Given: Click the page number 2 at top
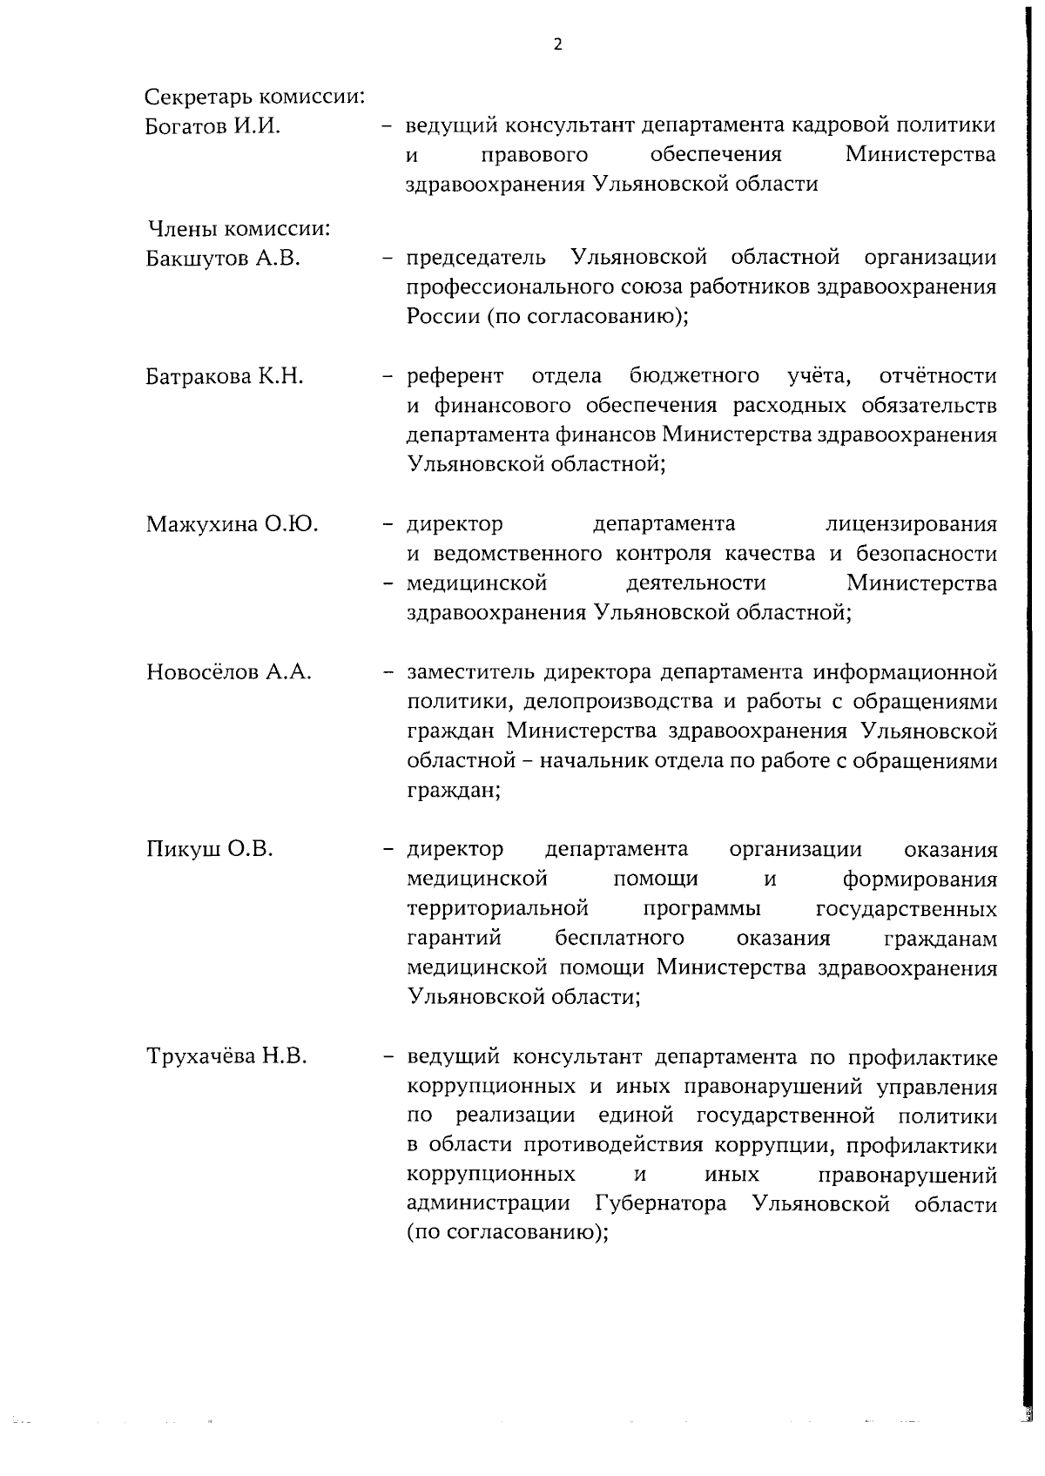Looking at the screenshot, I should [x=557, y=45].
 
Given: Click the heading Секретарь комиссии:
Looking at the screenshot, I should [x=254, y=96].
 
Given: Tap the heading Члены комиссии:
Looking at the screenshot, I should [x=238, y=229].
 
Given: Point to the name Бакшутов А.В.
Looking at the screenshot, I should [x=223, y=259].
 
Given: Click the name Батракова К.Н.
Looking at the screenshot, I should [x=225, y=376].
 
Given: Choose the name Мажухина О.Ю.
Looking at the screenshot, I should [x=232, y=524].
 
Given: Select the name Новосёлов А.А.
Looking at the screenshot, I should [x=229, y=672].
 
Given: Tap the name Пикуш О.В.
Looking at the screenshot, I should [x=210, y=849].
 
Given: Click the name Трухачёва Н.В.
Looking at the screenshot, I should [x=226, y=1057].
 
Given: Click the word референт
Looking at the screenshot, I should [x=455, y=376].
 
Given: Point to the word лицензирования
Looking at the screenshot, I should [x=910, y=524].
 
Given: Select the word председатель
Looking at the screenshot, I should [x=476, y=259].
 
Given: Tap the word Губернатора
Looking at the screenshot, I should [x=662, y=1205].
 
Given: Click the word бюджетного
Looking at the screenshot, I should [x=694, y=376].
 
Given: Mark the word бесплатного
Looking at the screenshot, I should [x=619, y=939].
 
